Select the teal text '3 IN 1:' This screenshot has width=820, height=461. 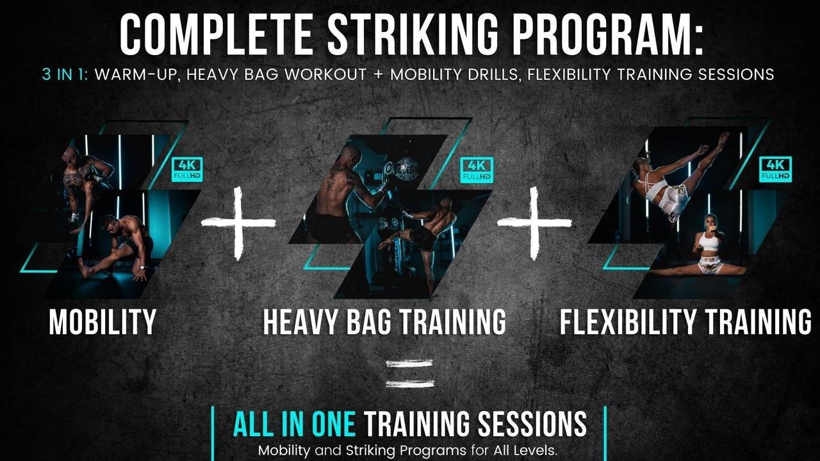[x=66, y=74]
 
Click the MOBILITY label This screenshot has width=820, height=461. [x=102, y=321]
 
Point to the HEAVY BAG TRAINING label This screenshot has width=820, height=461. [x=384, y=321]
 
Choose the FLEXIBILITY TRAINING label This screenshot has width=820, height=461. [x=685, y=321]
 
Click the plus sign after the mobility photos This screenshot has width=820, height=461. [x=238, y=223]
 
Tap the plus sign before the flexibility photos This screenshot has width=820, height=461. [x=534, y=223]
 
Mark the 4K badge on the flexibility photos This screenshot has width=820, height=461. [x=775, y=168]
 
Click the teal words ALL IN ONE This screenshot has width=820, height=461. [x=294, y=424]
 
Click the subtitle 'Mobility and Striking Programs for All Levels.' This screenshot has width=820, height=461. [x=408, y=450]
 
